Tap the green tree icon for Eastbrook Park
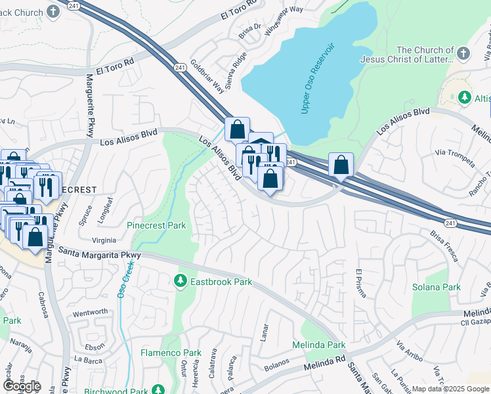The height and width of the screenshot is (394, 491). [180, 282]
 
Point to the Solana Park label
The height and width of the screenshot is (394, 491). [437, 287]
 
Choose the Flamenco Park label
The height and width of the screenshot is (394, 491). [171, 353]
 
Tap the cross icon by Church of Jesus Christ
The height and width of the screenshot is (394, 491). [463, 53]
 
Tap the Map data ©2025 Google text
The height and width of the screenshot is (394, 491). [450, 389]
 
